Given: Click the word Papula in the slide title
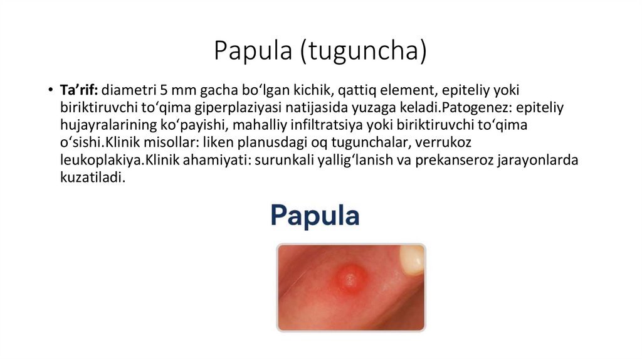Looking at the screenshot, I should [x=253, y=51].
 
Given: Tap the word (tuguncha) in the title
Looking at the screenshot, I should [x=363, y=51].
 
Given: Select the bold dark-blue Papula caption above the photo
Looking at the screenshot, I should [x=315, y=216].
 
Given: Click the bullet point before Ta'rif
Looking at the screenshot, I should [x=49, y=90].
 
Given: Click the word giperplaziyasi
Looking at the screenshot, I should [x=259, y=107].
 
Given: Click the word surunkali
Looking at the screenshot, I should [x=283, y=160].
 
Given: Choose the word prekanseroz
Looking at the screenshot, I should [x=446, y=160].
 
